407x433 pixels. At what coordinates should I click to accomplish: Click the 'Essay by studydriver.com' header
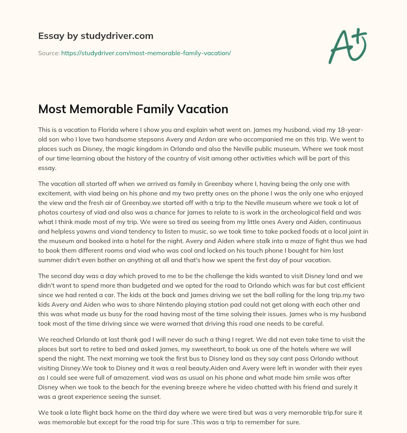pos(95,36)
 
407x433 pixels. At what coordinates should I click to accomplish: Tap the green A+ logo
pos(347,46)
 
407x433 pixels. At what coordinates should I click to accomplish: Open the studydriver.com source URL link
pos(146,53)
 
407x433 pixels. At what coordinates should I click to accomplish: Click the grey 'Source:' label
pos(48,53)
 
